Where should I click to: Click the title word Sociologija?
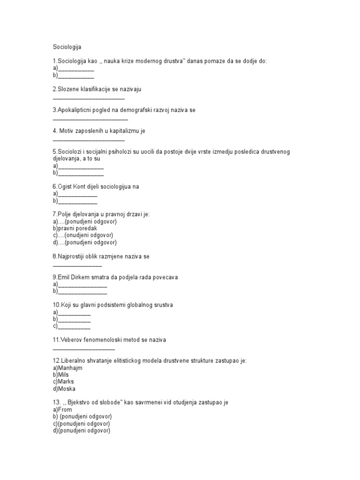[x=67, y=47]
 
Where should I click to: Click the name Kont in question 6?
[x=80, y=187]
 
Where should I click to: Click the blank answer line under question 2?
[x=89, y=99]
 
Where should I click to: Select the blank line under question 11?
[x=83, y=349]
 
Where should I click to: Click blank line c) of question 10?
[x=74, y=327]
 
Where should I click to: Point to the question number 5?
[x=54, y=151]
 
